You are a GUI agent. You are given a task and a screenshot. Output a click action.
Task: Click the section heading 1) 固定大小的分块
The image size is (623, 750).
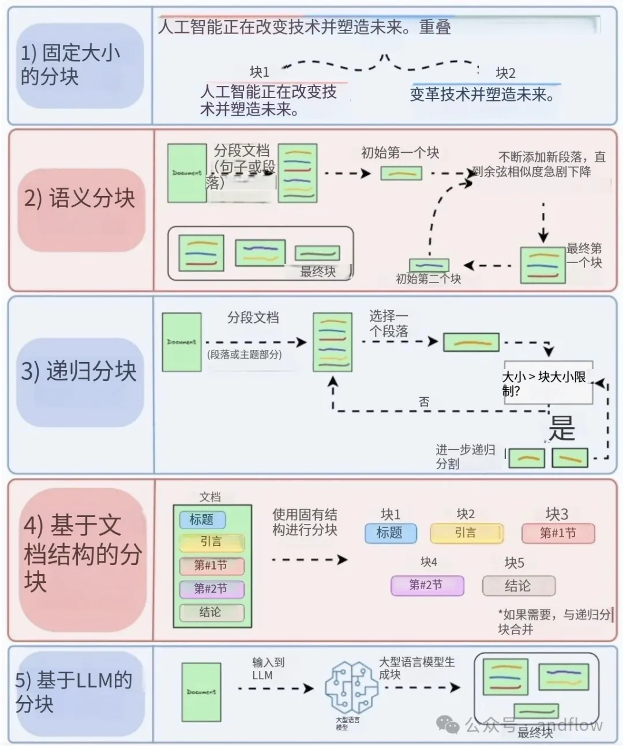click(x=70, y=65)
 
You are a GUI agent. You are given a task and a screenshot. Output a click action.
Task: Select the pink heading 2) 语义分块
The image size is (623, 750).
click(x=80, y=198)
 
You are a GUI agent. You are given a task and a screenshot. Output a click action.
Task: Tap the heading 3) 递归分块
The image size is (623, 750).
click(x=78, y=371)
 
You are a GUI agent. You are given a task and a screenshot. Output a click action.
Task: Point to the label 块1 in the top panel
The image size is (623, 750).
click(x=260, y=71)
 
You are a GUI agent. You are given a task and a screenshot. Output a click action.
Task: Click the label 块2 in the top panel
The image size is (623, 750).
click(x=505, y=73)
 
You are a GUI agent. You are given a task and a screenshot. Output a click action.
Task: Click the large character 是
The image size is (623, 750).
click(x=561, y=428)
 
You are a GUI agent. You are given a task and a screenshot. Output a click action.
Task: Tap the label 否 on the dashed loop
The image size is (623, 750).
click(x=424, y=402)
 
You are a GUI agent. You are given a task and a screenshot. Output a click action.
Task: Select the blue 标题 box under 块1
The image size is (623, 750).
click(x=390, y=533)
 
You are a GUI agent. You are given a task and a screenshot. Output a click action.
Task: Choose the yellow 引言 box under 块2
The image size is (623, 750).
click(x=466, y=533)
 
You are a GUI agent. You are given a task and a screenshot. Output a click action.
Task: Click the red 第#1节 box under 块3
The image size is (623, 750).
click(x=558, y=533)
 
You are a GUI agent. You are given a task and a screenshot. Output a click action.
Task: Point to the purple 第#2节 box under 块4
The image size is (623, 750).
click(x=426, y=585)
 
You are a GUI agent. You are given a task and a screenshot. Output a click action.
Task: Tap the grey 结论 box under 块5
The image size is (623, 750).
click(x=518, y=586)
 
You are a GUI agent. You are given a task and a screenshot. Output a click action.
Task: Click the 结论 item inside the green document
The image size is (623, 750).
click(x=211, y=612)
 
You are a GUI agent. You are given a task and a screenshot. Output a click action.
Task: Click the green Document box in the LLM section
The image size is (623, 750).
click(x=201, y=692)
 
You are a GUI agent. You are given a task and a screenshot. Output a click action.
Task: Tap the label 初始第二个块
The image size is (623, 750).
click(x=429, y=279)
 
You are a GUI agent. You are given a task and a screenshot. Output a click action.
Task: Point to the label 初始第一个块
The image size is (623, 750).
click(x=400, y=153)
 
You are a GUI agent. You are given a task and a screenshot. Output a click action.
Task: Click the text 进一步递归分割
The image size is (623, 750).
click(x=465, y=457)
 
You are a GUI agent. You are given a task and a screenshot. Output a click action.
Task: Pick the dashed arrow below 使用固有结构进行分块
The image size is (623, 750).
click(x=309, y=559)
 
